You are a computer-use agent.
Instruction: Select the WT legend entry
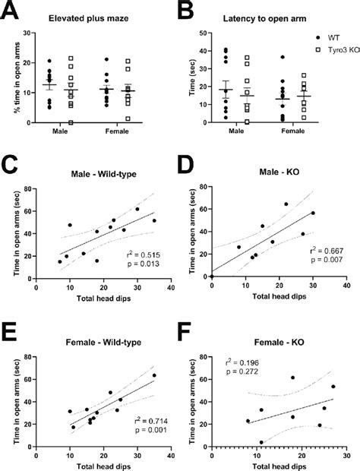[x=331, y=36]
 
